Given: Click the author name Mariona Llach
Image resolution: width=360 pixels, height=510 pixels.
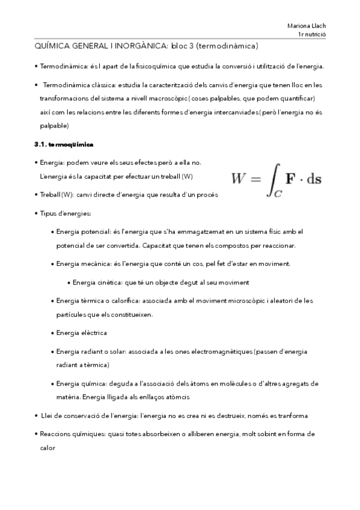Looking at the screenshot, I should click(x=307, y=25).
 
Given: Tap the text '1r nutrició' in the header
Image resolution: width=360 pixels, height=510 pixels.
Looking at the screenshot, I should click(x=311, y=34).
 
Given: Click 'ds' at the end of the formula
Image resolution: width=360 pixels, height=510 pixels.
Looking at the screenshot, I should click(x=313, y=179).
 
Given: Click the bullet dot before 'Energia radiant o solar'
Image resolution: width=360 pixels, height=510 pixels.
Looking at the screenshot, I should click(x=52, y=351).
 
